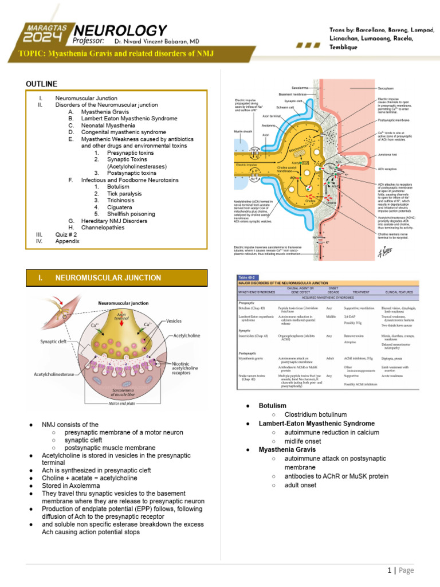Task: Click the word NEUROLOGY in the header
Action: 120,30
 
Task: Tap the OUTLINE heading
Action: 42,84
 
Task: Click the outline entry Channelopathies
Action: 107,228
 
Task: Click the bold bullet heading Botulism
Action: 272,405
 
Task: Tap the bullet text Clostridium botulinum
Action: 310,414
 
